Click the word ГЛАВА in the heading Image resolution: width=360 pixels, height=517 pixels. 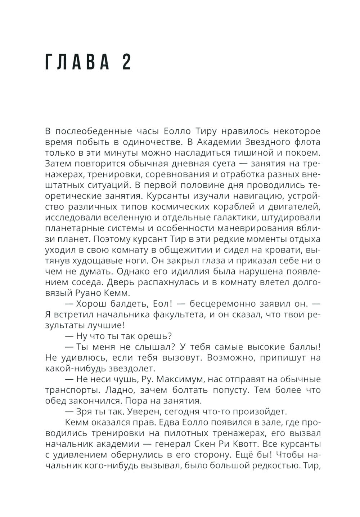pos(77,63)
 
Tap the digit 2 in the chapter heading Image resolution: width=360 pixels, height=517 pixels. pos(126,63)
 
